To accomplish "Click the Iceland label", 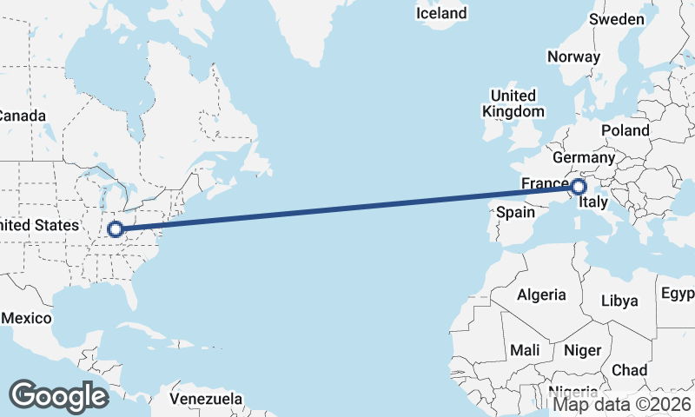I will point(440,13).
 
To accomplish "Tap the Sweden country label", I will point(617,19).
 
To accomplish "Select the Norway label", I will point(573,57).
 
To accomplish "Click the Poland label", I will point(625,130).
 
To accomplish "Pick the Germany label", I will point(583,158).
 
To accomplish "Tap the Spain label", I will point(515,212).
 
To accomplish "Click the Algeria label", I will point(541,295).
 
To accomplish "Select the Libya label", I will point(619,301).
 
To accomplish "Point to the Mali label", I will point(526,350).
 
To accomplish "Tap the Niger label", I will point(582,350).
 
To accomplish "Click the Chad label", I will point(629,369).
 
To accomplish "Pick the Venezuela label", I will point(206,399).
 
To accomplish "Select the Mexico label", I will point(26,318).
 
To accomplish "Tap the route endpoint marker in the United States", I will point(115,230).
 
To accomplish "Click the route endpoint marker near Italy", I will point(579,186).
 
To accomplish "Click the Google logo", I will point(58,396).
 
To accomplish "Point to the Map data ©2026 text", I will point(623,404).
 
